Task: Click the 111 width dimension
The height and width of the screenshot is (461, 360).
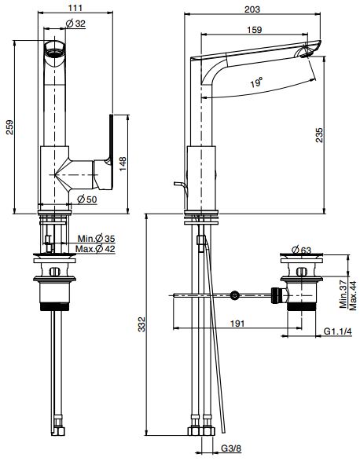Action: (x=75, y=7)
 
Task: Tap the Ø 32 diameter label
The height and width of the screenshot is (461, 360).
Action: (x=75, y=24)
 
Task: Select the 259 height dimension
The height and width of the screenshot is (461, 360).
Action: (x=9, y=127)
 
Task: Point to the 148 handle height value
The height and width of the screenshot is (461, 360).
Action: (x=123, y=164)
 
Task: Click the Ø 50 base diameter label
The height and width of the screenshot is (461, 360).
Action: (x=86, y=199)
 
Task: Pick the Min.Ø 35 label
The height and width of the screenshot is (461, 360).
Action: (x=96, y=238)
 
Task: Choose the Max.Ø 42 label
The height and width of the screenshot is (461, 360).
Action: (x=95, y=249)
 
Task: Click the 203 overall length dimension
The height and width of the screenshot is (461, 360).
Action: (x=252, y=9)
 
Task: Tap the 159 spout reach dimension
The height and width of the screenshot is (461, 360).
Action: (x=255, y=30)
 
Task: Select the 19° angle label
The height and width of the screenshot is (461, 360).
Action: (x=257, y=82)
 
